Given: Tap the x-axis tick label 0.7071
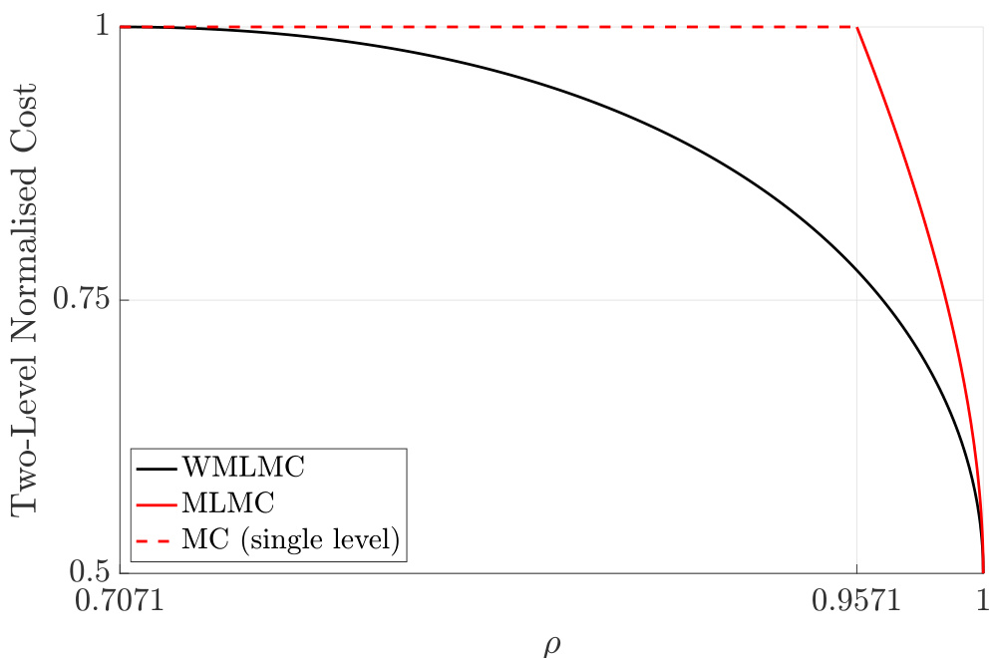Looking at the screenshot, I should click(x=120, y=601).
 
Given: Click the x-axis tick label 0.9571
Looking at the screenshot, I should click(x=856, y=601).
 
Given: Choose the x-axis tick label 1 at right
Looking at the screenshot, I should click(x=982, y=601).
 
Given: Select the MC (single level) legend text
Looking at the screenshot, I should click(x=291, y=539).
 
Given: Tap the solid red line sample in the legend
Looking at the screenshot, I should click(x=157, y=503).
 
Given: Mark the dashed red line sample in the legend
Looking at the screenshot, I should click(x=157, y=539).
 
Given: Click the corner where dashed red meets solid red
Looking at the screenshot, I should click(x=856, y=27).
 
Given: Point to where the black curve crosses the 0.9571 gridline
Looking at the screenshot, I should click(x=856, y=272).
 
